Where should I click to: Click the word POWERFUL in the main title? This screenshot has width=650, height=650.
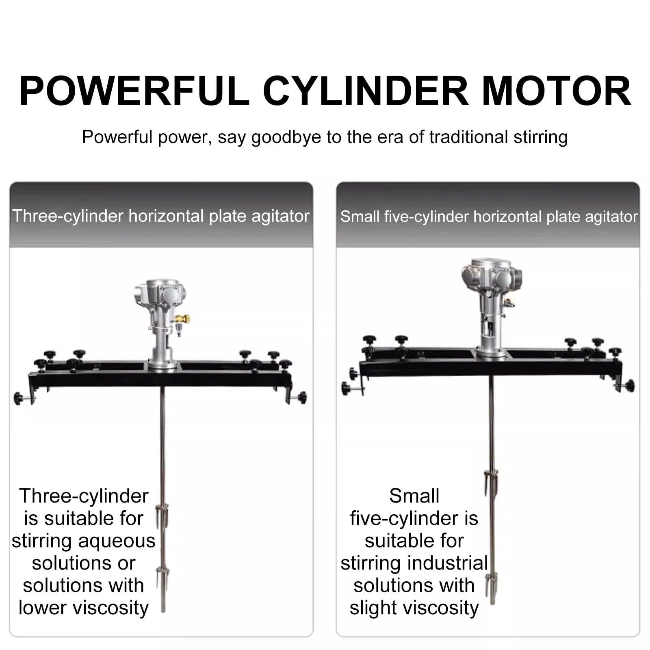pos(134,91)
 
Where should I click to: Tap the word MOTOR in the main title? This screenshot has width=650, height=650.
pos(556,91)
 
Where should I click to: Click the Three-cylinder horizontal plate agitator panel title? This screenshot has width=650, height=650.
pos(161,216)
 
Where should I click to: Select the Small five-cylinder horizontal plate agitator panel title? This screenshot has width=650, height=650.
pos(489,217)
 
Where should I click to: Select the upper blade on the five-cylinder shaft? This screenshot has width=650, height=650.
pos(491,483)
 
